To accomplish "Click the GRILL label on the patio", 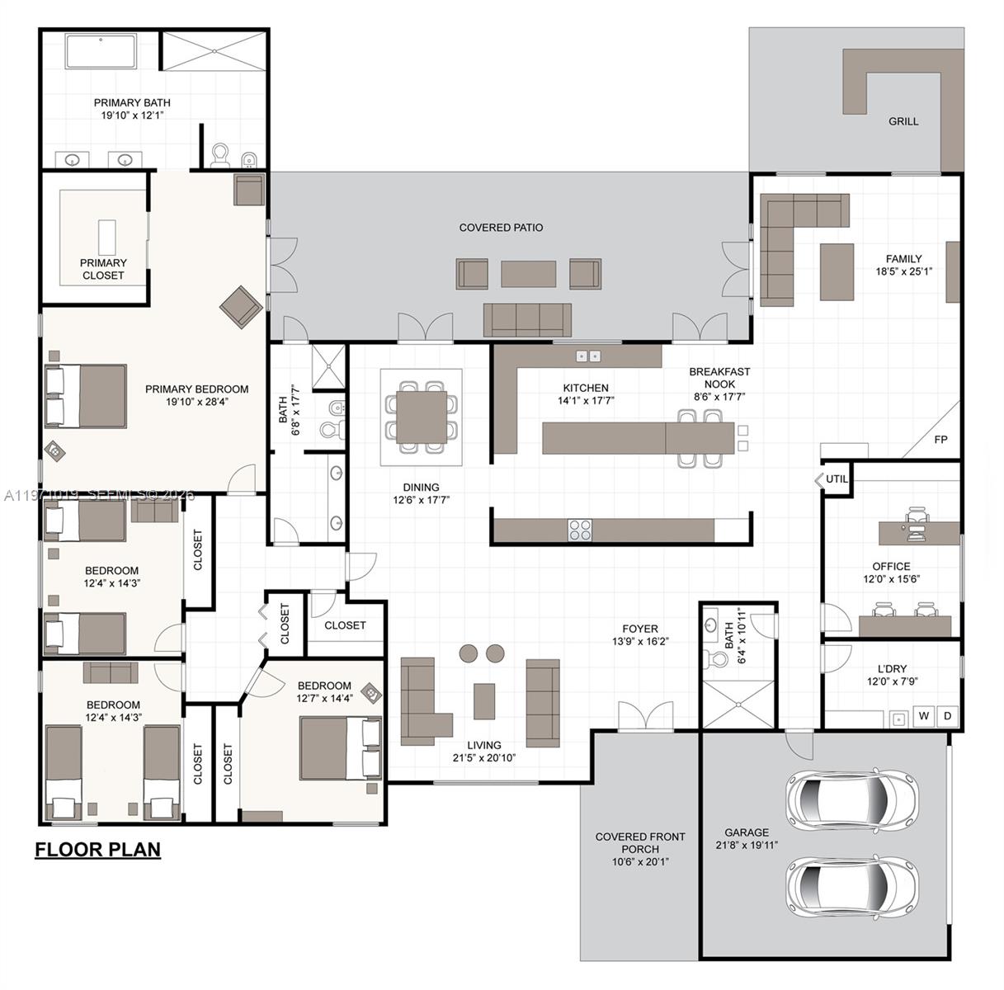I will [903, 121].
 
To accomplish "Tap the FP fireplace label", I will [940, 440].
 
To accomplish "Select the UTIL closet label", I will [837, 478].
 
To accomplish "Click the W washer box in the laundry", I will [924, 715].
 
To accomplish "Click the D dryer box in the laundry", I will [948, 715].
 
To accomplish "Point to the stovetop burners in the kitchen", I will [580, 530].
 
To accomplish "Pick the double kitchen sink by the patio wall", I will [588, 356].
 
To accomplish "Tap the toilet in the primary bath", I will [220, 155].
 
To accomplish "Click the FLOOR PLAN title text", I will [97, 849].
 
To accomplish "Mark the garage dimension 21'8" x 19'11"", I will [747, 845].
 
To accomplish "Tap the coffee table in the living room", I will [484, 701].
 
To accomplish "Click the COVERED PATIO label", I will [501, 228].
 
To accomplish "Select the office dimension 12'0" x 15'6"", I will [891, 578].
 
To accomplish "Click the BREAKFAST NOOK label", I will [719, 378].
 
